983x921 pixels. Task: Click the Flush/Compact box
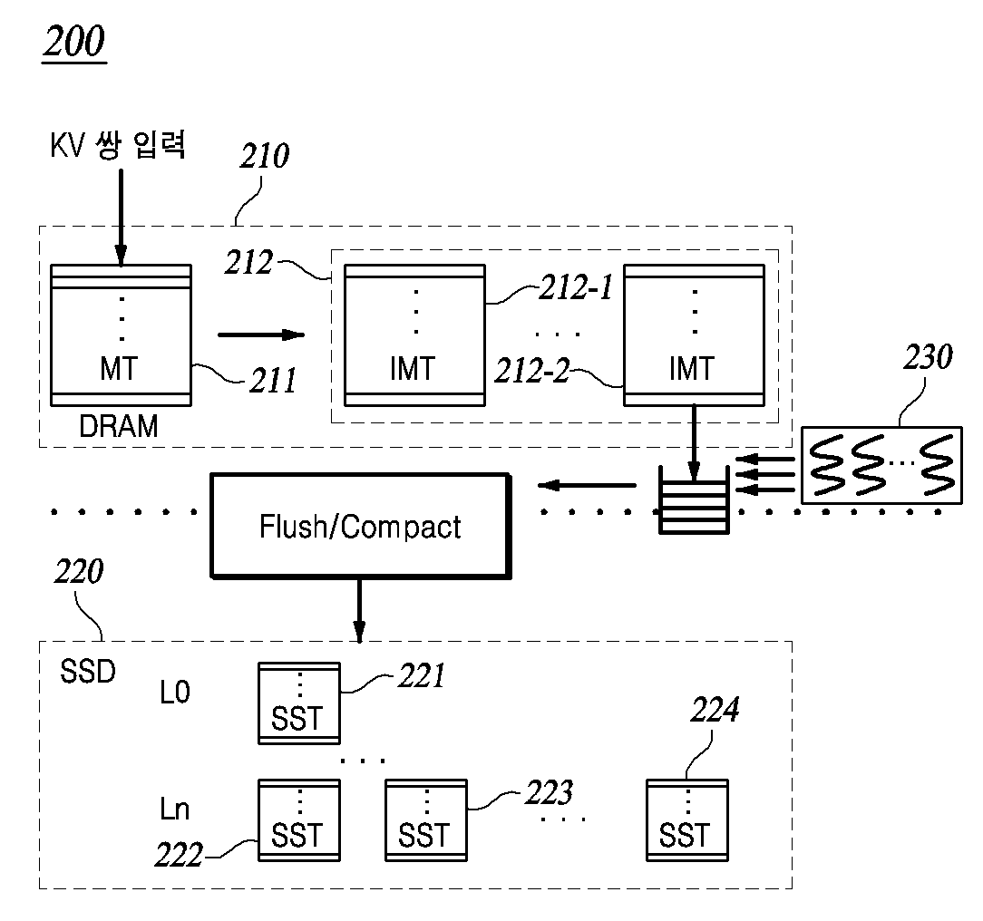(361, 526)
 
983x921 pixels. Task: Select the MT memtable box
(121, 335)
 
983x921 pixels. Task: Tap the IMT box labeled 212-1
(414, 335)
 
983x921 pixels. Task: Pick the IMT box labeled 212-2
(694, 335)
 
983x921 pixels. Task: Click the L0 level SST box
(299, 703)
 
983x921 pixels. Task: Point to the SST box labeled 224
(687, 820)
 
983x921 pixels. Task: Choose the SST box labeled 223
(425, 820)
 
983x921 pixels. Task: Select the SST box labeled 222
(299, 820)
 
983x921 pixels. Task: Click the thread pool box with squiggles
(881, 465)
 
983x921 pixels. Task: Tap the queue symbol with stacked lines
(694, 500)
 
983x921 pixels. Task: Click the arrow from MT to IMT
(261, 334)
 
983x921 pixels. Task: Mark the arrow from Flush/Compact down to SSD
(359, 611)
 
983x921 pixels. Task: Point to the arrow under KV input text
(121, 218)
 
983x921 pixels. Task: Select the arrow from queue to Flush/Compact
(587, 485)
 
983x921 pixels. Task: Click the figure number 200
(74, 43)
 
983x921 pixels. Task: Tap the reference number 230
(928, 357)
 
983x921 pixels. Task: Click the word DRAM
(119, 426)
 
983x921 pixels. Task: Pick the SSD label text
(88, 672)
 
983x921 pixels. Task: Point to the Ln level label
(174, 809)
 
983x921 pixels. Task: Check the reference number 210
(265, 156)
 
